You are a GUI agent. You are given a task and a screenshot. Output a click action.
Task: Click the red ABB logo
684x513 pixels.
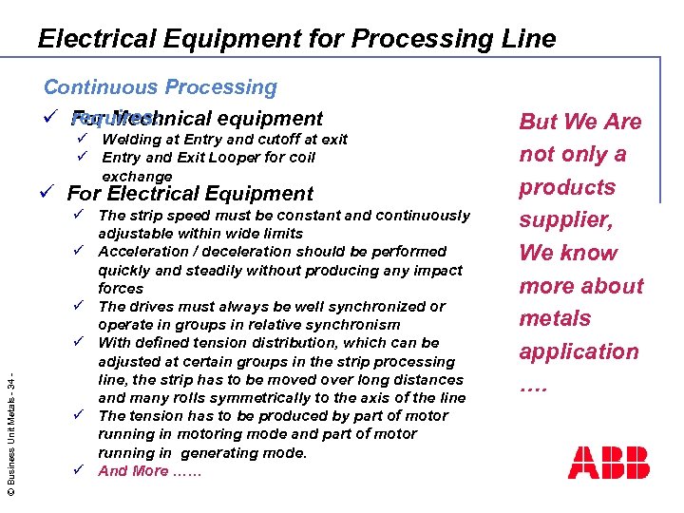point(608,463)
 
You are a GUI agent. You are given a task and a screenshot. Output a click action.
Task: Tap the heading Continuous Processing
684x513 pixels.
point(160,87)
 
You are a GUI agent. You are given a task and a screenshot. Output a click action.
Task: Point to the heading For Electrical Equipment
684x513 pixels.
point(189,194)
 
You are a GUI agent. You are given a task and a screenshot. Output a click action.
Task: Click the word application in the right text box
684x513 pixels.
point(578,351)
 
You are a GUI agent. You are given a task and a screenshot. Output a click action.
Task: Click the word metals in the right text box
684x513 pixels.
point(555,318)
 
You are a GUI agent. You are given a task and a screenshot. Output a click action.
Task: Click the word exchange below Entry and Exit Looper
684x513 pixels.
point(137,177)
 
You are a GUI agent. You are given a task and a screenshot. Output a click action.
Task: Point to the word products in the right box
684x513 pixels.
point(568,187)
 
